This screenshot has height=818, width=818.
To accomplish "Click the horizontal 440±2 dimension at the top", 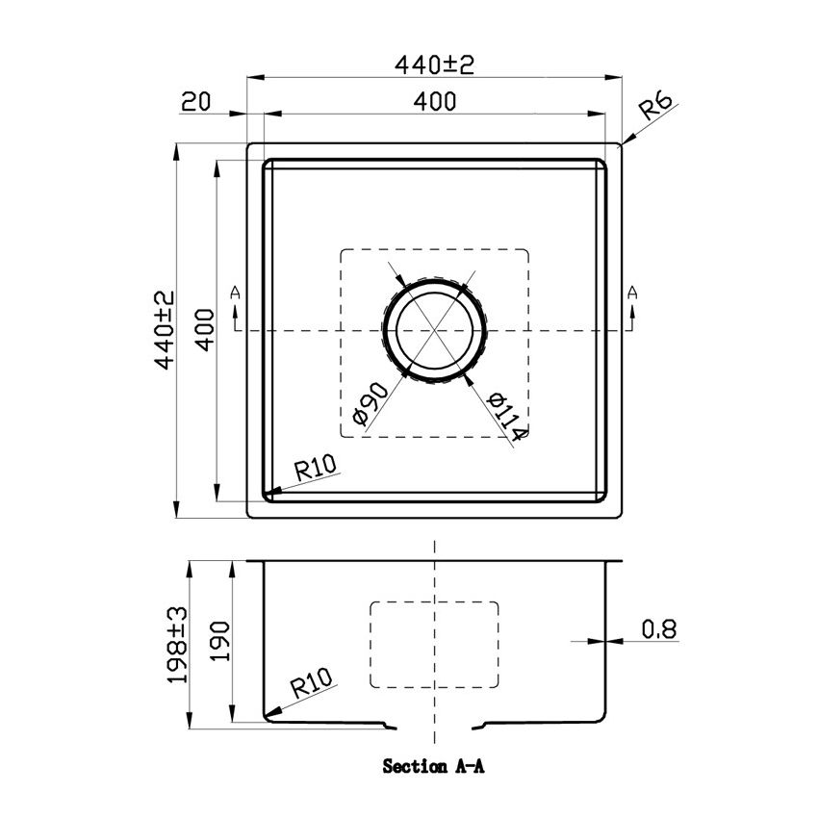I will (x=436, y=64).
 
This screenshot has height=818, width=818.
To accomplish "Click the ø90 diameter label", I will (x=371, y=403).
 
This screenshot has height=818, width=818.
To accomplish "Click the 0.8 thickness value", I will (x=659, y=629).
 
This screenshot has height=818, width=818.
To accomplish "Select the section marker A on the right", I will (x=632, y=293).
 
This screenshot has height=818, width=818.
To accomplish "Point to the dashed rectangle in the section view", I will (x=435, y=645).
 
